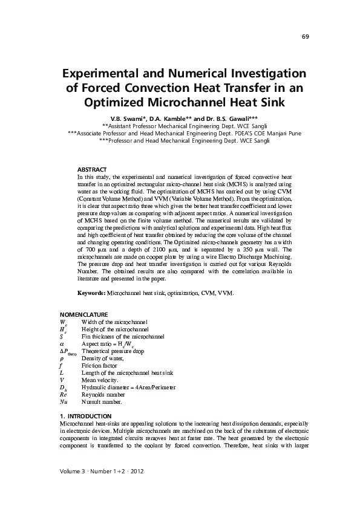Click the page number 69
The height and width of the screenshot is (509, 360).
306,37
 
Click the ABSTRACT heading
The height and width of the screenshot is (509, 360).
92,169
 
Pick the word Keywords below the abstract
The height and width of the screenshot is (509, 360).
91,293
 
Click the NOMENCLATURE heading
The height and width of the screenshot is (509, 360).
83,315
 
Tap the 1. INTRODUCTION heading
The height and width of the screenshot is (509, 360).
85,417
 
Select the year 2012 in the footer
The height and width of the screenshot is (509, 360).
133,470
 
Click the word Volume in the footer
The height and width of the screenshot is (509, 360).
71,470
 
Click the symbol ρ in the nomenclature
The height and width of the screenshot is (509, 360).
62,358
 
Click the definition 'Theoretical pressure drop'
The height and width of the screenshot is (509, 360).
113,351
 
